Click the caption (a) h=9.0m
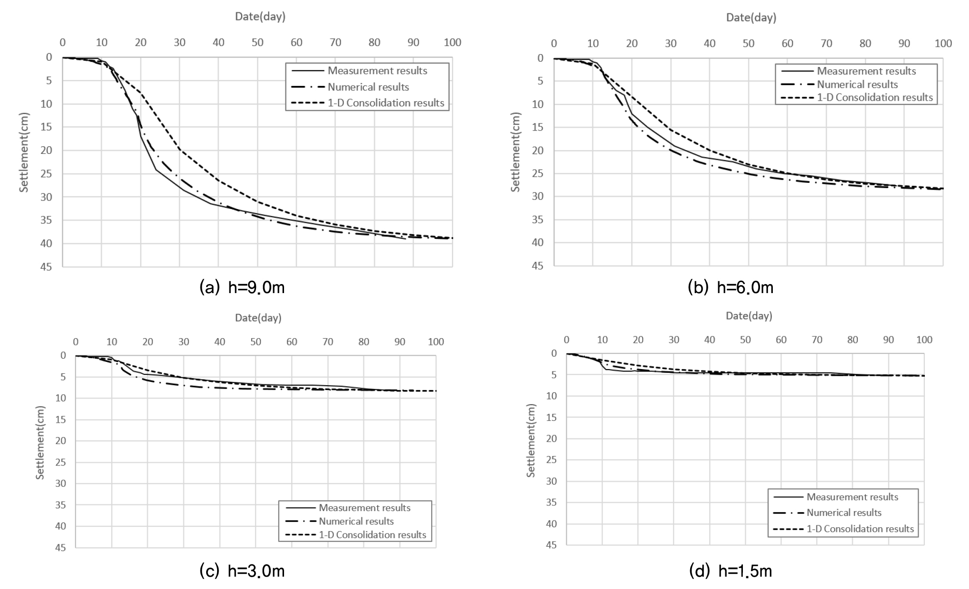[242, 287]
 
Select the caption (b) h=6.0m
[731, 287]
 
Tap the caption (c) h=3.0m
[242, 570]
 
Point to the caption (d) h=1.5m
[731, 570]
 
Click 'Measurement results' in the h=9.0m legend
[377, 71]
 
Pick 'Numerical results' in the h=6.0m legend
[857, 85]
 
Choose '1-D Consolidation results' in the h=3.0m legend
[372, 535]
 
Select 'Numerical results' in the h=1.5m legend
[844, 513]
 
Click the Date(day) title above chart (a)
[260, 17]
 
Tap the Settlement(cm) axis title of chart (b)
[515, 152]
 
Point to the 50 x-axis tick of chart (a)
[257, 42]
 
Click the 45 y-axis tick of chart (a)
[52, 266]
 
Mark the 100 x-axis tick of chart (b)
[943, 44]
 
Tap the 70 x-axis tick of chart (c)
[328, 342]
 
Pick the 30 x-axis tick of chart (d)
[674, 340]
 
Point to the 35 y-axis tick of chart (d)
[551, 503]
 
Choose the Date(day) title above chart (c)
[258, 318]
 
